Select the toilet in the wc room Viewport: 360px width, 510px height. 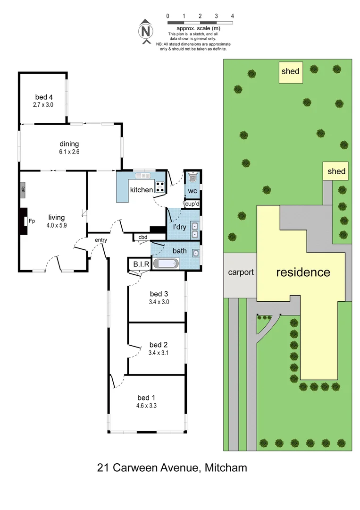(192, 178)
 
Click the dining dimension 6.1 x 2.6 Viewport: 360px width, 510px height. (69, 153)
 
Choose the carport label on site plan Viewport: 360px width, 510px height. (241, 272)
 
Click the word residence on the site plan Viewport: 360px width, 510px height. (303, 272)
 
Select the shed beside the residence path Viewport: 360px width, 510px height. (336, 171)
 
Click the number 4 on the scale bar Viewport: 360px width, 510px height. (233, 16)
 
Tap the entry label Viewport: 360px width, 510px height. (101, 240)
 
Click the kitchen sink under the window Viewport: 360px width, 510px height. (144, 176)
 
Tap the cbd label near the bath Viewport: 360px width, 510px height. (142, 237)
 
